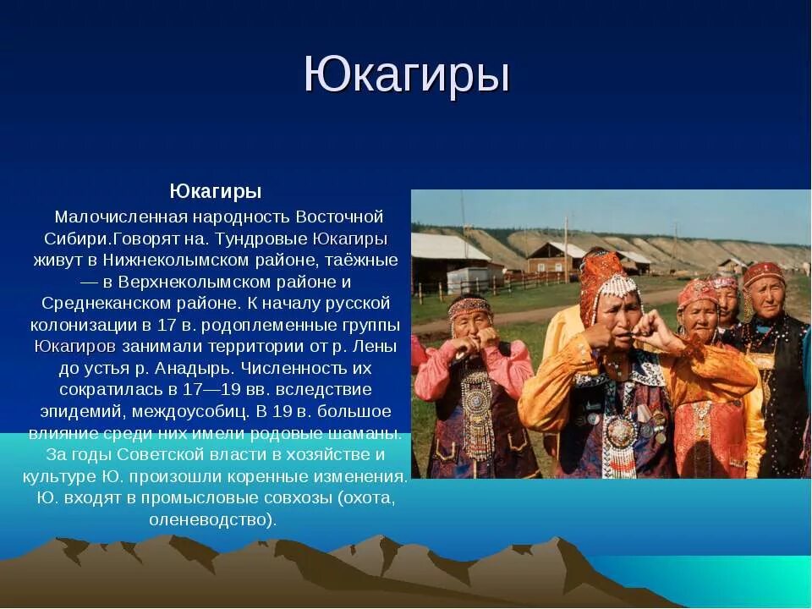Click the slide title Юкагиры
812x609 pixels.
pos(406,76)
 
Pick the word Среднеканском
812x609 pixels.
pos(100,303)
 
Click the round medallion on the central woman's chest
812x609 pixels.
pos(620,432)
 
